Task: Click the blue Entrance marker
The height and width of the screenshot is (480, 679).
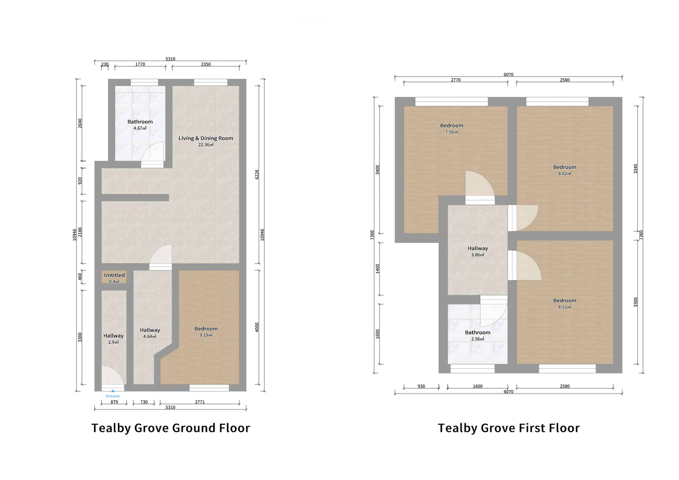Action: pos(113,393)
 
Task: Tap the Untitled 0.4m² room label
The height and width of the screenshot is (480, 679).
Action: pos(114,278)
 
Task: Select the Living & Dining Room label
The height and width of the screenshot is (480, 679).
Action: pos(206,141)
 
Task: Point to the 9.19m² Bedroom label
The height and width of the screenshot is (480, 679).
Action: pos(206,331)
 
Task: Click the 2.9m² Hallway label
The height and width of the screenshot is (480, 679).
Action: pos(113,339)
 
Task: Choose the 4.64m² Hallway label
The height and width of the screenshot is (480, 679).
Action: pos(150,333)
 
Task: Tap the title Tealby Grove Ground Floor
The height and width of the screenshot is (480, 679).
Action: pos(171,428)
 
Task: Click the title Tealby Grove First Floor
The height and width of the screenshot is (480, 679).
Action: pos(508,428)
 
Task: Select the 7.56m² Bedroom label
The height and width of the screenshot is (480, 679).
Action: pos(451,128)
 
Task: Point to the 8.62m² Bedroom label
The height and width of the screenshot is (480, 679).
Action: pos(565,170)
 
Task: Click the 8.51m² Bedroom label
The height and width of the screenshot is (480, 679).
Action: pos(565,303)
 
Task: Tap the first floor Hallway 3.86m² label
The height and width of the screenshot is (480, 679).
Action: pos(478,251)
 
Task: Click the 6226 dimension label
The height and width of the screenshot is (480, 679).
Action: pos(257,174)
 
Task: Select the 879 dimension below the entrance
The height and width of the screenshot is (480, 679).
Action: pos(114,402)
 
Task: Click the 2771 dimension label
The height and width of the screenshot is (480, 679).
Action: pos(200,402)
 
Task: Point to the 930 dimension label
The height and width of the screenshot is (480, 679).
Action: pos(421,386)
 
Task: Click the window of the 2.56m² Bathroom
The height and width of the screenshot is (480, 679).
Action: pos(472,369)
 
